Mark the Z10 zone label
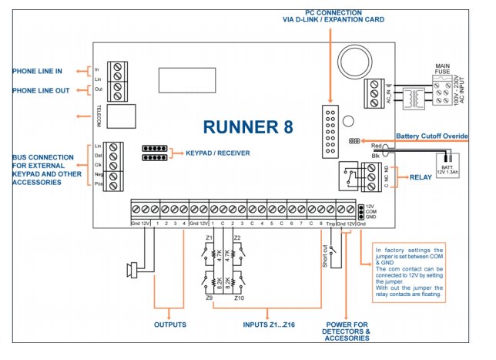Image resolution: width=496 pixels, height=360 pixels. [238, 298]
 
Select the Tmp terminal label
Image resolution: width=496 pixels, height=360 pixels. [330, 224]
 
